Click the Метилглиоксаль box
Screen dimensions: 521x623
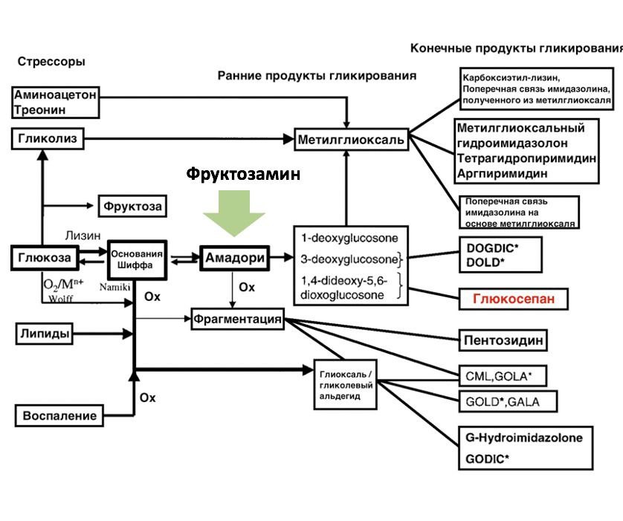tap(351, 139)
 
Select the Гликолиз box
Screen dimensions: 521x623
tap(45, 137)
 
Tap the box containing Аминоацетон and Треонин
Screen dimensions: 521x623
tap(56, 103)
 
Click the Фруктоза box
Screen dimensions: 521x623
tap(132, 205)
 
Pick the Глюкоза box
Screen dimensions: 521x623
tap(45, 257)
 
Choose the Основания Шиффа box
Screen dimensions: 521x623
tap(136, 259)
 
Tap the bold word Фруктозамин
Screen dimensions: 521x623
tap(243, 174)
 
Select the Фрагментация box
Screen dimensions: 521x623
tap(238, 320)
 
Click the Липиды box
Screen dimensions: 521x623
tap(45, 334)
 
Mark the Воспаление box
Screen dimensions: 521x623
tap(59, 415)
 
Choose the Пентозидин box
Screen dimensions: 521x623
tap(503, 340)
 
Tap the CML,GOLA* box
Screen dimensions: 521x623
tap(503, 375)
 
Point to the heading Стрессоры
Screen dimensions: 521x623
tap(51, 62)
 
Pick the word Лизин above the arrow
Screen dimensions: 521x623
tap(83, 235)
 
